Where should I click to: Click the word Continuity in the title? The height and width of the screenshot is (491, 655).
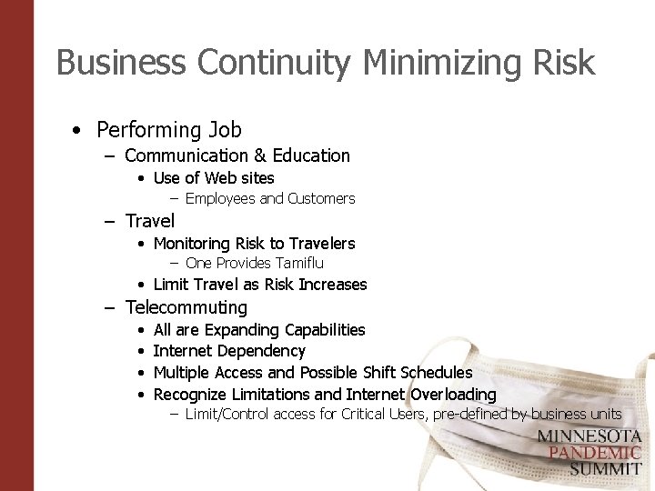[x=274, y=63]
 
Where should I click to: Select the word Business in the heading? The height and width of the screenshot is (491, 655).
[x=121, y=63]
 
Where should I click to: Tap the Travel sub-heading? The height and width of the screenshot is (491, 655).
[x=150, y=221]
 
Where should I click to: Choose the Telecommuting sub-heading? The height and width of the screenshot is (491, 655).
[x=186, y=307]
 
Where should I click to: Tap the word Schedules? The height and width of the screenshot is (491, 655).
[x=435, y=373]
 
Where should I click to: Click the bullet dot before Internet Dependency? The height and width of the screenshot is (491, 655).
[x=140, y=352]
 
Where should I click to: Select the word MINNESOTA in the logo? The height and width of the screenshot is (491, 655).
[x=589, y=436]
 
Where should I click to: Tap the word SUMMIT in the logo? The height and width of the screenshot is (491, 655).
[x=606, y=469]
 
